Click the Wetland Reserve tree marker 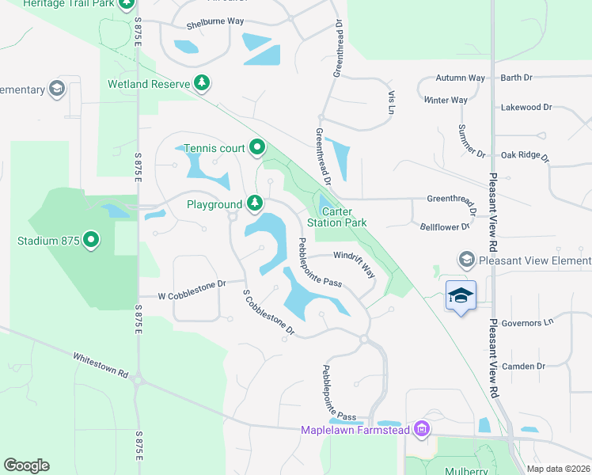click(x=202, y=82)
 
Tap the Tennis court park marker click(x=256, y=147)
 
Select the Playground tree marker click(x=254, y=204)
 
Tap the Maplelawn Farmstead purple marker click(x=422, y=430)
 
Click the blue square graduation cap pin click(x=461, y=296)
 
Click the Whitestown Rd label click(x=101, y=364)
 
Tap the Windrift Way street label click(x=355, y=262)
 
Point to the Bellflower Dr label click(x=444, y=226)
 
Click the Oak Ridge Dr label click(x=525, y=156)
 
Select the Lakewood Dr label click(x=526, y=107)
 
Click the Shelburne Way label click(x=215, y=23)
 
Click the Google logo click(x=26, y=465)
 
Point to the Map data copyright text click(x=559, y=469)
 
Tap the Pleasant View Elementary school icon click(x=466, y=260)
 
